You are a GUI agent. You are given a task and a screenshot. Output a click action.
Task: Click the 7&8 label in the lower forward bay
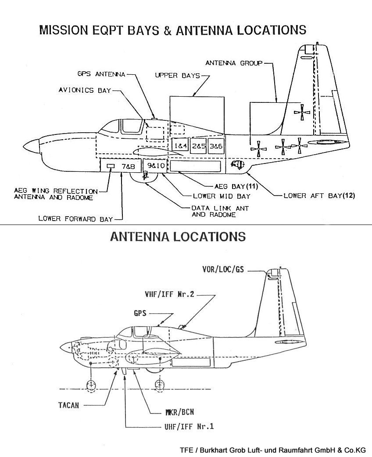pos(128,166)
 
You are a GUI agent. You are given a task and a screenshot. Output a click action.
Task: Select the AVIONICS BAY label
pos(84,91)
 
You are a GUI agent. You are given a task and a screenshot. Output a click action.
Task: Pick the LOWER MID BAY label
pos(222,196)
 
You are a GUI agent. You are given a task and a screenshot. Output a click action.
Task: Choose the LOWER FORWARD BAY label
pos(75,218)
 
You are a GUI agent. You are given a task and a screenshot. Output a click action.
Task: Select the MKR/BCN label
pos(177,412)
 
